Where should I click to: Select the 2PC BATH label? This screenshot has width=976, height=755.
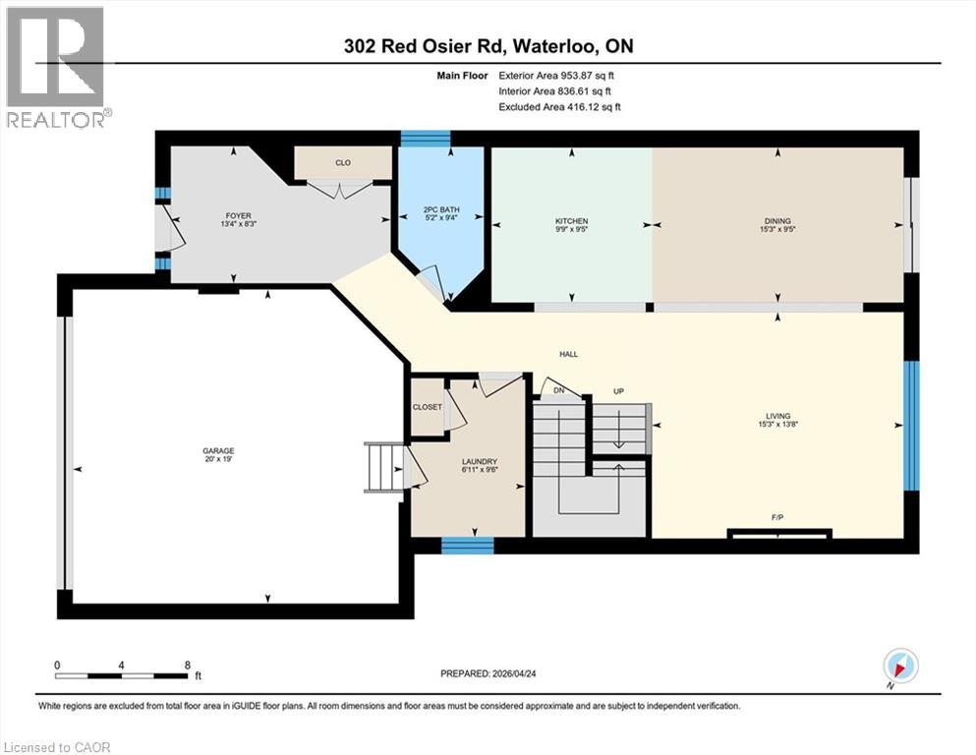[438, 214]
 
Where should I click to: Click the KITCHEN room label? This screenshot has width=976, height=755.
[571, 221]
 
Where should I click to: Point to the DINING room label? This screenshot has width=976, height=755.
[779, 221]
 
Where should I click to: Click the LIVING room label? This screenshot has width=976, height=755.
[779, 416]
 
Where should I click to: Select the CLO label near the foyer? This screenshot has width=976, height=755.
[342, 163]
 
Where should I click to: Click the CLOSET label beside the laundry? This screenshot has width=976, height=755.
[428, 407]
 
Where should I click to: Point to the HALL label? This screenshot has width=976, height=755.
[568, 354]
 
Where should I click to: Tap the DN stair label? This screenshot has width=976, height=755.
[558, 391]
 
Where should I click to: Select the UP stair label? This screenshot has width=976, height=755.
[618, 391]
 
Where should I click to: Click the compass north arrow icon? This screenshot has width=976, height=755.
[900, 666]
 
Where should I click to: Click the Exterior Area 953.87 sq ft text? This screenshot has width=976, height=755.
[560, 76]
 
